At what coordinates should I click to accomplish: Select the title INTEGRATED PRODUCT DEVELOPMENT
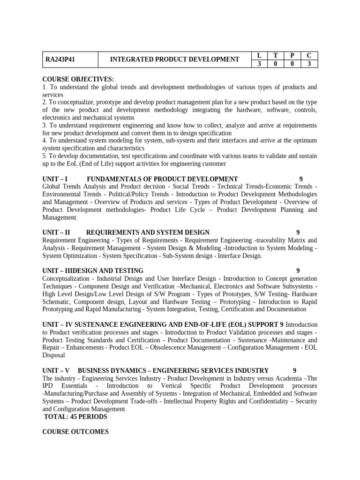[174, 60]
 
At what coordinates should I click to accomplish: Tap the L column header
[259, 55]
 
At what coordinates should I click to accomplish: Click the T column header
[275, 55]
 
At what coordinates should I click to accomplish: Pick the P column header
[292, 55]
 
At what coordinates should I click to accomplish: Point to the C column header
[309, 55]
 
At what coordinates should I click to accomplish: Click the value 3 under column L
[259, 64]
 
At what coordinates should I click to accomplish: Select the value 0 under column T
[275, 64]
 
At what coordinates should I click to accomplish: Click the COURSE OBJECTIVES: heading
[78, 79]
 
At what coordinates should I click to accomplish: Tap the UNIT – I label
[55, 179]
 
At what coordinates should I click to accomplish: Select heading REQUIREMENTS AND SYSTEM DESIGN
[148, 232]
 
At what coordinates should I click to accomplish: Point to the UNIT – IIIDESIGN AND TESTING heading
[93, 270]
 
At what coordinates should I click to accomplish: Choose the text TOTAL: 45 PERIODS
[75, 416]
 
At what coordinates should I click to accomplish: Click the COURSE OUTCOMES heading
[75, 432]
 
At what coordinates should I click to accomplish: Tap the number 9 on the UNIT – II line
[298, 232]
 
